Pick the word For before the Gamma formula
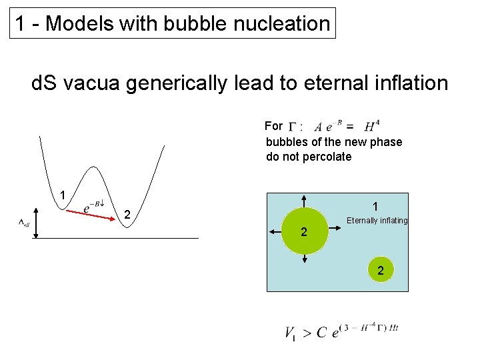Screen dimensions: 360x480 [x=273, y=125]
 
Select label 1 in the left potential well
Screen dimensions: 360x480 [x=61, y=196]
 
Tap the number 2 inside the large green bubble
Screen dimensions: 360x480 [x=303, y=233]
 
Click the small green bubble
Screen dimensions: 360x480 [x=380, y=269]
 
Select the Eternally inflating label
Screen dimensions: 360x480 [x=377, y=221]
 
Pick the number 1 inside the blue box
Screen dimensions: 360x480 [x=376, y=206]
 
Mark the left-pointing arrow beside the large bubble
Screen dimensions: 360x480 [x=274, y=232]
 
